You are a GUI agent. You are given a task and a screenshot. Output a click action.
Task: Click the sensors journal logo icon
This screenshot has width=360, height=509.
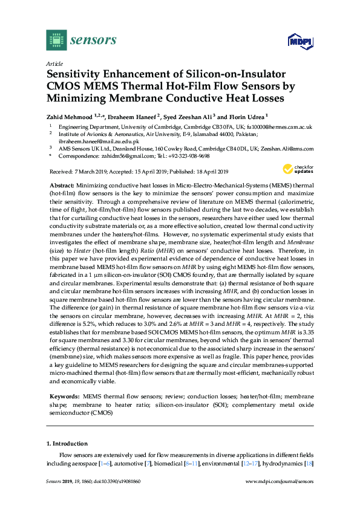coord(56,41)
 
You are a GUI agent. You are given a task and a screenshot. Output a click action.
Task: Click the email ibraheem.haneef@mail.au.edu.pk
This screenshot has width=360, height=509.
coord(89,141)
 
